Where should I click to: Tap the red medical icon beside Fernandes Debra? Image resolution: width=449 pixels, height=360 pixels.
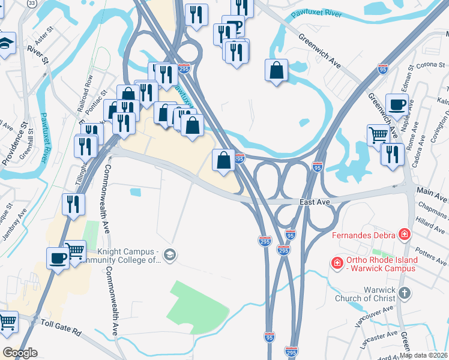405,233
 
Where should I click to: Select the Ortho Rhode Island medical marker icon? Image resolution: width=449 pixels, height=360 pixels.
337,263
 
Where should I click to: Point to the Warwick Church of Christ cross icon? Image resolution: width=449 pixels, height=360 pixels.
405,293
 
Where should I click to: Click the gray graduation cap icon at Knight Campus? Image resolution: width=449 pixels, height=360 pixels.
170,255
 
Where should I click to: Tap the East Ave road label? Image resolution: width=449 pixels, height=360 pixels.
315,203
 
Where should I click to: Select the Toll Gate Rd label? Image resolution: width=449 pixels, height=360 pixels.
61,329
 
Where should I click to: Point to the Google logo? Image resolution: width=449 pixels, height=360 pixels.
20,353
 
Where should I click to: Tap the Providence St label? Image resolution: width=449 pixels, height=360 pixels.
25,142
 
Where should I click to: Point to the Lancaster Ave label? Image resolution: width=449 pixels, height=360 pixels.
379,340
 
